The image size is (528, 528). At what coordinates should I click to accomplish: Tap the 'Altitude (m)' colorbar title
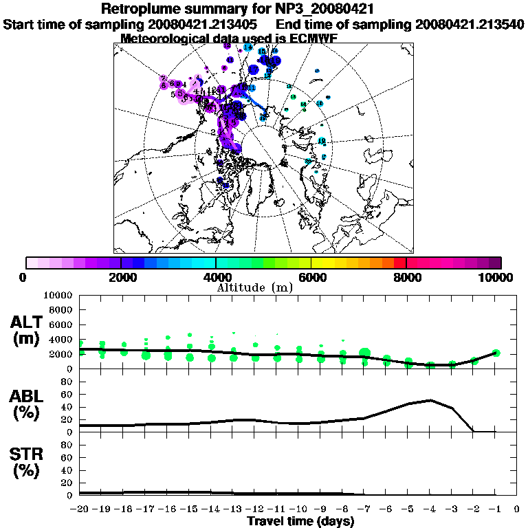coord(265,287)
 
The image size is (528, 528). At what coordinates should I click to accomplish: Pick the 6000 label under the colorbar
coord(311,277)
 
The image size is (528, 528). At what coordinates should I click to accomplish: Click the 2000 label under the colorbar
coord(121,277)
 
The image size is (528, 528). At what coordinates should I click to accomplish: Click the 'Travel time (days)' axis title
coord(300,521)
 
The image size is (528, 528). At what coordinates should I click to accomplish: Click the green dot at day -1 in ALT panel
coord(496,353)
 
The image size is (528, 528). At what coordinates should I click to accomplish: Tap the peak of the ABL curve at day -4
coord(430,399)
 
